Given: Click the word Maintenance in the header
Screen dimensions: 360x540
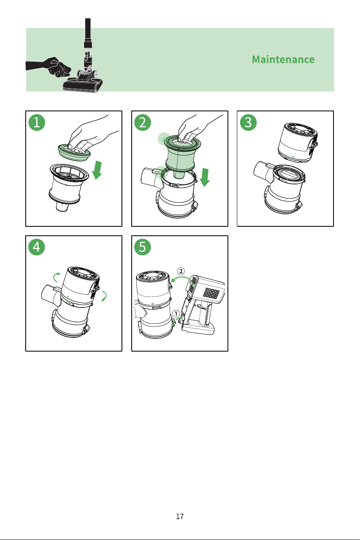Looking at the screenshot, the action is (x=283, y=60).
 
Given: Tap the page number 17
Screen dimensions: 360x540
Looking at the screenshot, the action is (x=180, y=516).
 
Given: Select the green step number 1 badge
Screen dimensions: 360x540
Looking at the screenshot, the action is (x=37, y=122).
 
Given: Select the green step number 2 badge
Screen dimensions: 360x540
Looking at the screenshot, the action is (x=143, y=122).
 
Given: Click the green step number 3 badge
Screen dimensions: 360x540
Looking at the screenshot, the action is (x=248, y=122).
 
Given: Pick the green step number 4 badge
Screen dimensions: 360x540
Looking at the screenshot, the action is (x=37, y=247).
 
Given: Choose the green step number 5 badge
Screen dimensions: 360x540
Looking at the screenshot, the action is (x=143, y=247).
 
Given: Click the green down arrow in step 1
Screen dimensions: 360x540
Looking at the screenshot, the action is (x=97, y=170).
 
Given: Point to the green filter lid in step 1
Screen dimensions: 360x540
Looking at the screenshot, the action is (x=74, y=153).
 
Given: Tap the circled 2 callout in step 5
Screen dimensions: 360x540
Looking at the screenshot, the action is (x=181, y=271).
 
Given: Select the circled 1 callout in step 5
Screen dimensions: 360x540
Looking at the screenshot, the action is (x=176, y=314).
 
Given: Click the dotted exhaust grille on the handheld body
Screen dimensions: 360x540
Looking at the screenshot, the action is (x=212, y=292).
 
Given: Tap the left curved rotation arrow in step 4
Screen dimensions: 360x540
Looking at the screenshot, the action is (x=56, y=277).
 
